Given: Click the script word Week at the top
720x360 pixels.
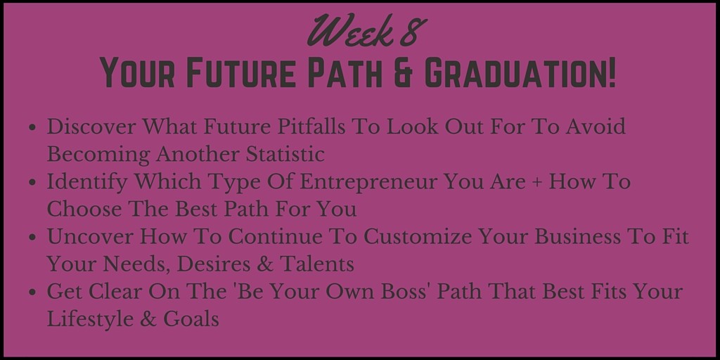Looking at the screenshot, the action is coord(349,31).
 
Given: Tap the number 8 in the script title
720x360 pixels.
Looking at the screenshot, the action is coord(413,31).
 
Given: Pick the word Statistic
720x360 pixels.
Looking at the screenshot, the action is coord(285,154).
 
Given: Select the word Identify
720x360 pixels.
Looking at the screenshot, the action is coord(86,182).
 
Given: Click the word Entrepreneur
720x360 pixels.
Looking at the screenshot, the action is coord(366,182).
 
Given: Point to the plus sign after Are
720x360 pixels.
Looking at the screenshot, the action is coord(536,183).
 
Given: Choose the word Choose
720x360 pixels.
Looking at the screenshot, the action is coord(84,209).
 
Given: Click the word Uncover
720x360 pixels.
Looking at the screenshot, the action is coord(90,236).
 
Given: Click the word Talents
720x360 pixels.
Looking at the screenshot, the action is coord(317,264).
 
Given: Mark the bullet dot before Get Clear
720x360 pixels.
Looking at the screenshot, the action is coord(32,292).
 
